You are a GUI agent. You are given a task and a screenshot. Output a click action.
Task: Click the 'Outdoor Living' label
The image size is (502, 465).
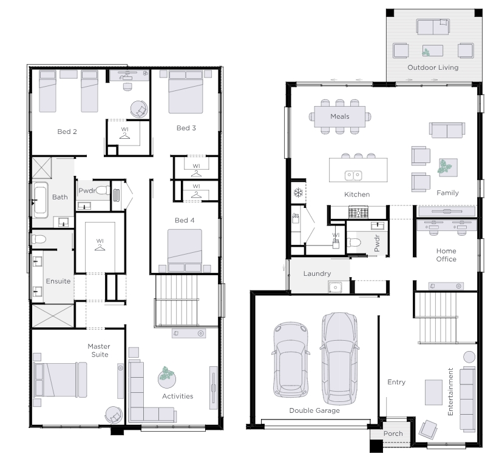433,67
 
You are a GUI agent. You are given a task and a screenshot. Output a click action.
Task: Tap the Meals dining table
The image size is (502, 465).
340,116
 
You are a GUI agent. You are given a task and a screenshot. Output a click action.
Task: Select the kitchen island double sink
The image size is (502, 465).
353,175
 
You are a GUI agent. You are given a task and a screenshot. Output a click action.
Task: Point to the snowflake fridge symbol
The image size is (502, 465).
299,193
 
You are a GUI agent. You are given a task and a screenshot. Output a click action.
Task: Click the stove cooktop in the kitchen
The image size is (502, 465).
358,213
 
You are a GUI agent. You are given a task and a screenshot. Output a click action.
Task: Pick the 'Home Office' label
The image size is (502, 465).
446,255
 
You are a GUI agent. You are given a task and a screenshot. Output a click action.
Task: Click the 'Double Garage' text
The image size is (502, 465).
314,410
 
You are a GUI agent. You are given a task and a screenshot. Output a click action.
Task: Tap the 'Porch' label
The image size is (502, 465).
393,433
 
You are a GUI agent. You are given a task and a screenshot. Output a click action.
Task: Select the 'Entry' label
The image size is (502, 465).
396,382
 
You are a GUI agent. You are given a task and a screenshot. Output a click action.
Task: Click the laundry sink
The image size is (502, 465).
335,287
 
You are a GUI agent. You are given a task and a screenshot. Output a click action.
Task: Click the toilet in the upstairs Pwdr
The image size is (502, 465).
103,190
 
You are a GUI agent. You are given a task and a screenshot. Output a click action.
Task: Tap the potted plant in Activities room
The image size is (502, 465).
166,377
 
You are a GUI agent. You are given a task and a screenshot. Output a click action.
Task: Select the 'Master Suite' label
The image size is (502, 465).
100,350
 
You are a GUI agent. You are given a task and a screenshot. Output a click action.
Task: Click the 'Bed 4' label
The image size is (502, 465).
185,220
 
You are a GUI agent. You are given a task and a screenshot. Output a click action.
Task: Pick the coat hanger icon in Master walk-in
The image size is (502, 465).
100,247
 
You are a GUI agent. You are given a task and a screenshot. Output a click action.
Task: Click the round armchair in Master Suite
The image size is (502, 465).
114,415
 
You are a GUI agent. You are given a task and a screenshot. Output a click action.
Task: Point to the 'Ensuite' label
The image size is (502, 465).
58,281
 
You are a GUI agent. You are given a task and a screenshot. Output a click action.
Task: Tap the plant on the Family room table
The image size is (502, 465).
445,167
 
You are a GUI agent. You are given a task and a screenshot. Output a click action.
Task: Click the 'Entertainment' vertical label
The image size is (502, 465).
450,392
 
